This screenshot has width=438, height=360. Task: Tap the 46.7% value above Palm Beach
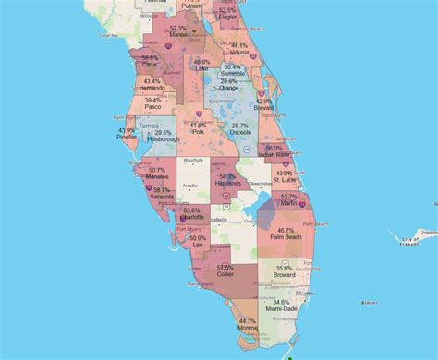(286, 230)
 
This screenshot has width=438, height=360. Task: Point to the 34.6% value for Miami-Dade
(281, 302)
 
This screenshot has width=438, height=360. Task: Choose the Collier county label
(225, 274)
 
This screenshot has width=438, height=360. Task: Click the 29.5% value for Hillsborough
(164, 133)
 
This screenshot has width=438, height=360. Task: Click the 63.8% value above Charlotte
(191, 210)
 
